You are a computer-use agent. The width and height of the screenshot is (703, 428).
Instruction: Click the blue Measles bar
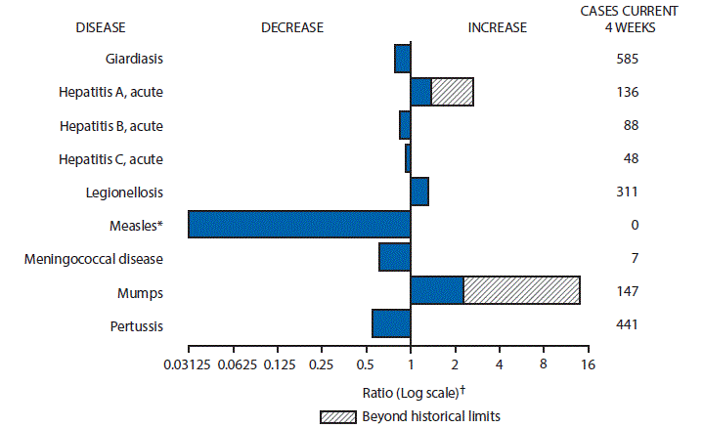(299, 224)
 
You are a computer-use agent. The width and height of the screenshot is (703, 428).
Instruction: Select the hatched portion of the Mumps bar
(521, 291)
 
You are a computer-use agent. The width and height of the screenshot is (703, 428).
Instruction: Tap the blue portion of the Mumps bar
(436, 291)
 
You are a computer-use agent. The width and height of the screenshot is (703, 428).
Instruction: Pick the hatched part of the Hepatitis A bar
(452, 92)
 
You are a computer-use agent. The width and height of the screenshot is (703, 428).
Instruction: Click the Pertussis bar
(391, 323)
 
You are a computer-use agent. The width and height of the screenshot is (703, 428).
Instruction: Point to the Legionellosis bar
(419, 192)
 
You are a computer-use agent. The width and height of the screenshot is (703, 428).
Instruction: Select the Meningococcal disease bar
(394, 257)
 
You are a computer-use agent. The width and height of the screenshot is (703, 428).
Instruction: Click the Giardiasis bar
(402, 59)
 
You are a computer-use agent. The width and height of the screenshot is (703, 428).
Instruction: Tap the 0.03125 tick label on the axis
(188, 364)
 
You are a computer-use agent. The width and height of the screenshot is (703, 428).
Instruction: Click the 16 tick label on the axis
(588, 364)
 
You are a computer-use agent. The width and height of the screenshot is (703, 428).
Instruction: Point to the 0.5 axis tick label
(366, 364)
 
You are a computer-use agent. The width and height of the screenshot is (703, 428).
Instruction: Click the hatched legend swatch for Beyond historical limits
(342, 416)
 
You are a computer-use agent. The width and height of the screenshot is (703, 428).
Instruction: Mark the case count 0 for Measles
(635, 226)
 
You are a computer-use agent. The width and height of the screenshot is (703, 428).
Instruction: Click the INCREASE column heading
(497, 27)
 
